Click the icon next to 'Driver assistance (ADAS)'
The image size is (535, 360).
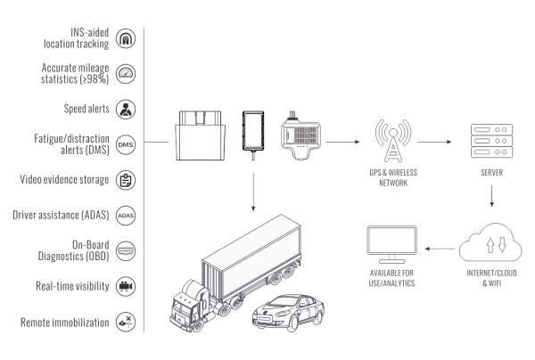pos(127,215)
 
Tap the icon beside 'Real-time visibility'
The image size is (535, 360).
pos(127,286)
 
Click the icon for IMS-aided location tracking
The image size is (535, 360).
pos(127,40)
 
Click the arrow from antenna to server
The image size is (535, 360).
pos(436,141)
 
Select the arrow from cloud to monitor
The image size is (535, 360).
pos(442,250)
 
